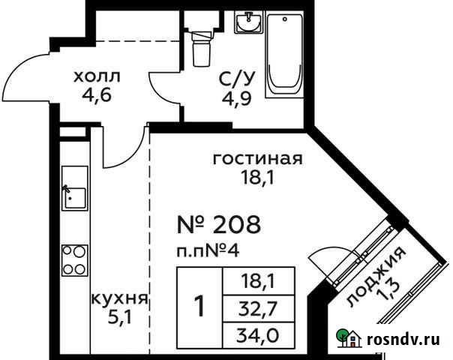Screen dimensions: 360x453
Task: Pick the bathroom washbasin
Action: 248,25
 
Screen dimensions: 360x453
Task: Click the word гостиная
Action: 257,159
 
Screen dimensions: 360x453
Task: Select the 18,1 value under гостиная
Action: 257,178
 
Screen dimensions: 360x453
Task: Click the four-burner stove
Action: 73,259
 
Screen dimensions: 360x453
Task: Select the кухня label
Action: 118,298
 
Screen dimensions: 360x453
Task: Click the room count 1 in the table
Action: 199,306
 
